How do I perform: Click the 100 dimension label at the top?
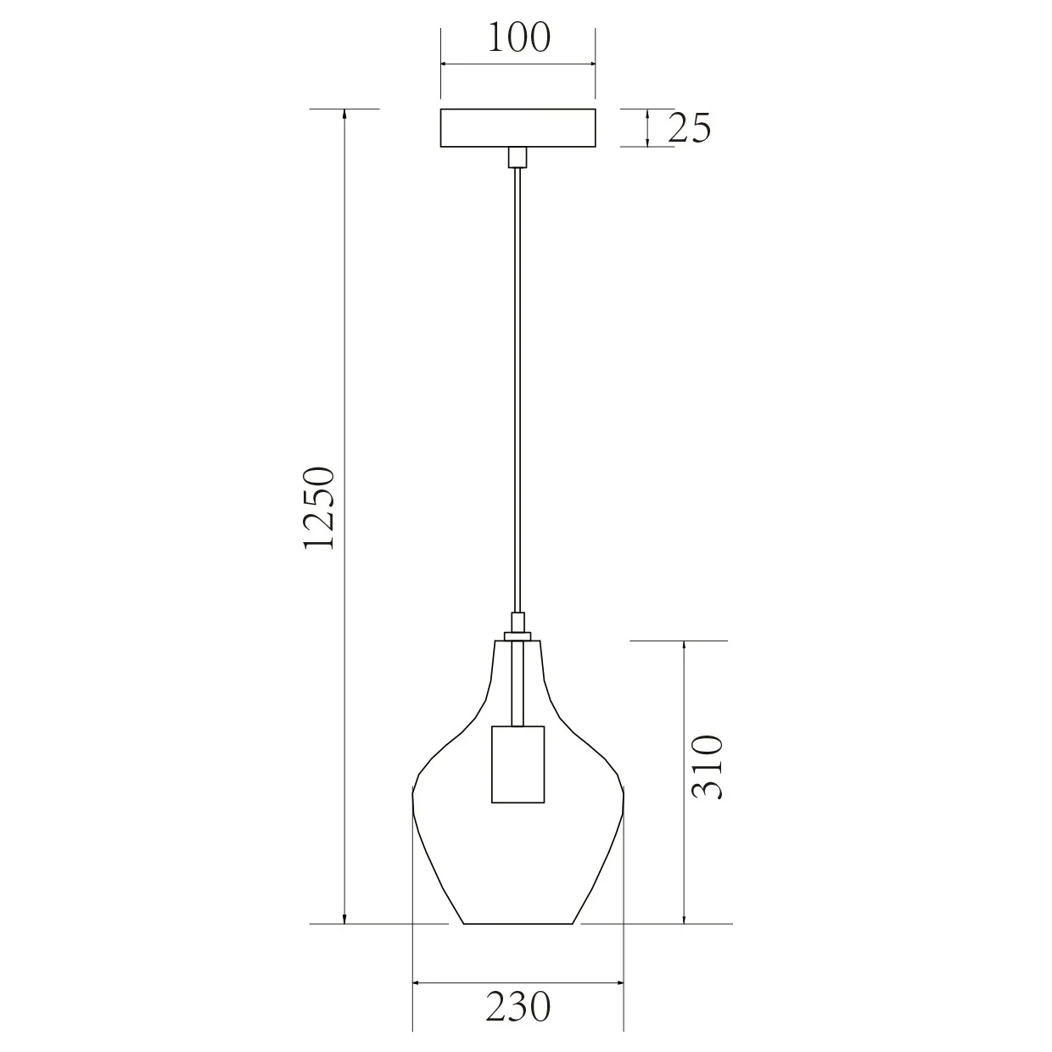pyautogui.click(x=518, y=38)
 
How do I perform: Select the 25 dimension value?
pyautogui.click(x=690, y=128)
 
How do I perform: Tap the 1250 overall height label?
pyautogui.click(x=319, y=507)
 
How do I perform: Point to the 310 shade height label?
pyautogui.click(x=707, y=767)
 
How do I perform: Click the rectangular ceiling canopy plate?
pyautogui.click(x=518, y=128)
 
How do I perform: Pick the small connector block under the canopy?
pyautogui.click(x=518, y=157)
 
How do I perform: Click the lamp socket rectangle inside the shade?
pyautogui.click(x=518, y=764)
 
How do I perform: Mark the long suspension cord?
pyautogui.click(x=518, y=390)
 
